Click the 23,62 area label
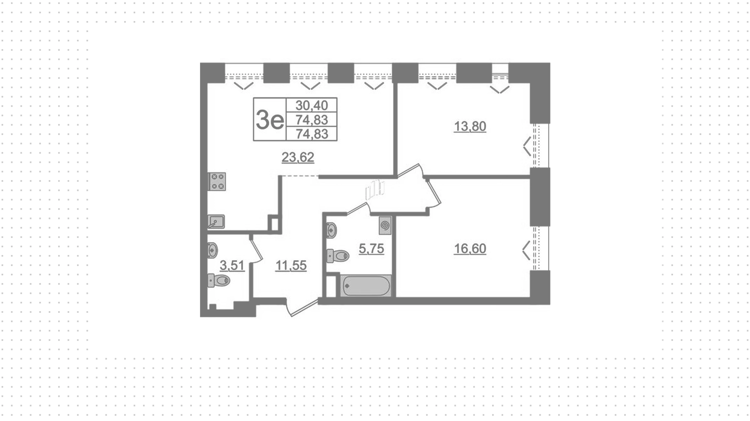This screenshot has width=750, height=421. [298, 157]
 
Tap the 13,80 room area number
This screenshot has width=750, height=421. [470, 127]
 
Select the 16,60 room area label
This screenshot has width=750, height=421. [470, 249]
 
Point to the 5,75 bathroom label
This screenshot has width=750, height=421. [371, 249]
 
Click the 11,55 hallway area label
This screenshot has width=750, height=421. [291, 266]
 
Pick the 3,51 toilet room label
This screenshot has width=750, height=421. [232, 266]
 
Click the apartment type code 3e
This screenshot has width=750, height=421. [270, 119]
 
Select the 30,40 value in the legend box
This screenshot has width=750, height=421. [312, 105]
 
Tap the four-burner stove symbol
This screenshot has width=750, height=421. [217, 182]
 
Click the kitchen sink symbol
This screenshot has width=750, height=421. [216, 221]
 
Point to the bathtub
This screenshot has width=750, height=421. [366, 286]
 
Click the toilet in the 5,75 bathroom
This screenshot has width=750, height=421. [338, 256]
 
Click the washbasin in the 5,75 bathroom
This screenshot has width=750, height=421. [331, 230]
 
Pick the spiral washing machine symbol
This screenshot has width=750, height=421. [385, 225]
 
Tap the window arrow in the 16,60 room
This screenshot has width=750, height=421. [526, 250]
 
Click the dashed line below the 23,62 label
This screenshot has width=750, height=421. [300, 176]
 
